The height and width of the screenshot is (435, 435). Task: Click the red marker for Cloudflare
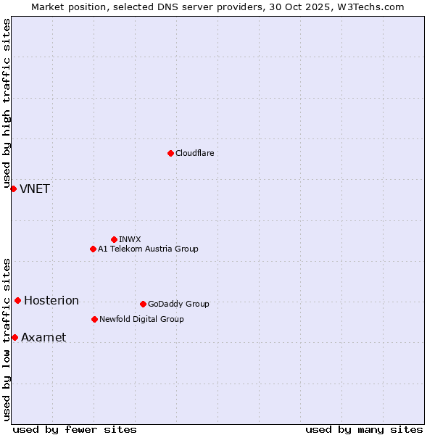click(170, 153)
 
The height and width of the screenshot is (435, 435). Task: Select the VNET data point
click(13, 188)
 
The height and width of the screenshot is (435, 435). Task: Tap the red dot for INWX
click(114, 239)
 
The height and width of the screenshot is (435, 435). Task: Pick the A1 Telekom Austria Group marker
click(93, 249)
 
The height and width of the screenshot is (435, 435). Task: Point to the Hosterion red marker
click(17, 300)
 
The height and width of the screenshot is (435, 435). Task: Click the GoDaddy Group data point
click(143, 304)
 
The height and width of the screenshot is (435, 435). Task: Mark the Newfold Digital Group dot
click(94, 319)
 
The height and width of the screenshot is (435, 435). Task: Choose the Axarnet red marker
click(14, 337)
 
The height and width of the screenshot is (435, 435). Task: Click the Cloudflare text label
click(194, 153)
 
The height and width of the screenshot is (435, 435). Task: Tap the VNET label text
click(35, 189)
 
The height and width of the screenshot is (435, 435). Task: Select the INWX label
click(130, 239)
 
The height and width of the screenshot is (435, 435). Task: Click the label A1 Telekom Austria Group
click(148, 249)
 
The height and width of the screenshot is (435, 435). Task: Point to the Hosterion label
click(51, 301)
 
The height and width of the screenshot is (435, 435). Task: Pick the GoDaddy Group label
click(178, 304)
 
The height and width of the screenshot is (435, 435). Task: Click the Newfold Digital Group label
click(141, 319)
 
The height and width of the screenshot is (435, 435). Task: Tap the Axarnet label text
click(43, 338)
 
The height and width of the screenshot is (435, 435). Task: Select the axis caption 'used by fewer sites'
click(75, 429)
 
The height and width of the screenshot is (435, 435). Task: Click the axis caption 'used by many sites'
click(364, 429)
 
